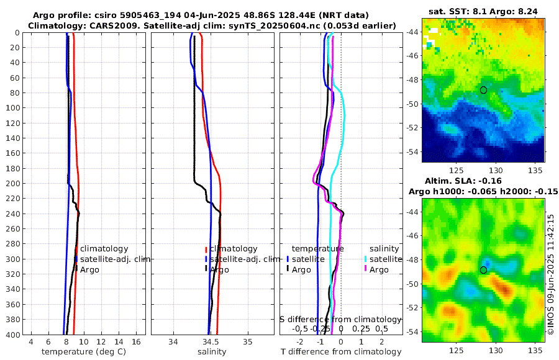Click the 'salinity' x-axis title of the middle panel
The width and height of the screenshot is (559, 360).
pyautogui.click(x=212, y=352)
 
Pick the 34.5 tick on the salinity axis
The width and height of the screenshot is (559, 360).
pyautogui.click(x=211, y=341)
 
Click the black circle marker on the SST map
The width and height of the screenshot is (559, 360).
pyautogui.click(x=484, y=90)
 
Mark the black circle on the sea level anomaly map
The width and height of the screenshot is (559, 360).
pyautogui.click(x=484, y=270)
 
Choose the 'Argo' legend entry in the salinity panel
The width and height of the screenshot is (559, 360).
pyautogui.click(x=220, y=269)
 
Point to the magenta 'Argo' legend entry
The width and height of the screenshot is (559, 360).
pyautogui.click(x=378, y=269)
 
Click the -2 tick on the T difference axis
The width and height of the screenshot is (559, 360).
pyautogui.click(x=300, y=341)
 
